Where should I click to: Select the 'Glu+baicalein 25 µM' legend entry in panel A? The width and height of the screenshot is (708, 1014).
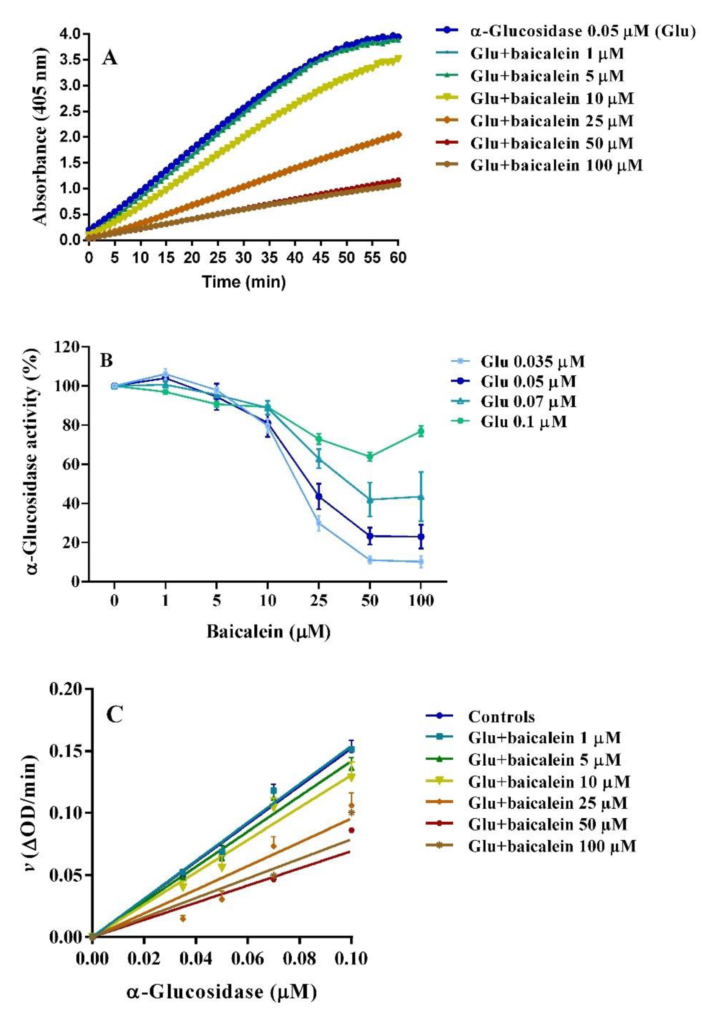551,121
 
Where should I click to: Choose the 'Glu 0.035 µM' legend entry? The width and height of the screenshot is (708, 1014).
532,362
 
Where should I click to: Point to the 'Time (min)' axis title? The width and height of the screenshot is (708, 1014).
244,281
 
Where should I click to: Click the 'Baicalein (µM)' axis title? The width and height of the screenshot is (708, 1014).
268,632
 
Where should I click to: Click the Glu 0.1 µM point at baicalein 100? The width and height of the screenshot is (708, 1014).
421,431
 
